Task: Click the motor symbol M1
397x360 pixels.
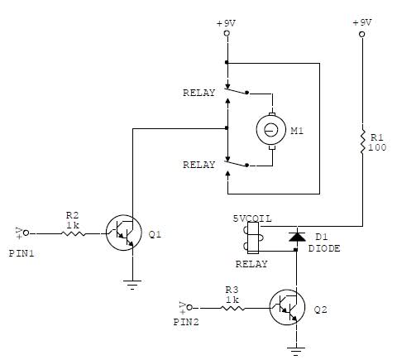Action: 269,129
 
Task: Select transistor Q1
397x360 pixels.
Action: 122,233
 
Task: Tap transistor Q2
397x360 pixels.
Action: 287,310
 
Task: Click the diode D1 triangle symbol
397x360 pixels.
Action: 294,238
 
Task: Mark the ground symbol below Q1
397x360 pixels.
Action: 130,283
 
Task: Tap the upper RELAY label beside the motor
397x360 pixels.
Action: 198,94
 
